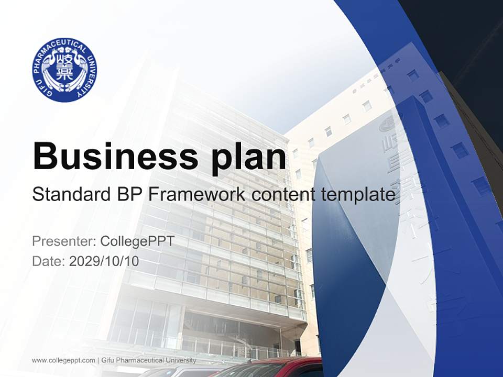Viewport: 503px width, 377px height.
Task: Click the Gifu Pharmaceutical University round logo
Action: pyautogui.click(x=64, y=70)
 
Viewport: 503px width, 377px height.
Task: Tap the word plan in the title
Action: pyautogui.click(x=249, y=157)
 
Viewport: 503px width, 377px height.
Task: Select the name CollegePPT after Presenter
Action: pyautogui.click(x=137, y=241)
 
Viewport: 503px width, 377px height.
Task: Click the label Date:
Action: pyautogui.click(x=48, y=261)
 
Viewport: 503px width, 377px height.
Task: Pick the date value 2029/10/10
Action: pyautogui.click(x=104, y=261)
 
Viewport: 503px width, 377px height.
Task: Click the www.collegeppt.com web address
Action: pyautogui.click(x=63, y=360)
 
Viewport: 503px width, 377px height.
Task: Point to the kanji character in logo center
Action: pyautogui.click(x=64, y=69)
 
